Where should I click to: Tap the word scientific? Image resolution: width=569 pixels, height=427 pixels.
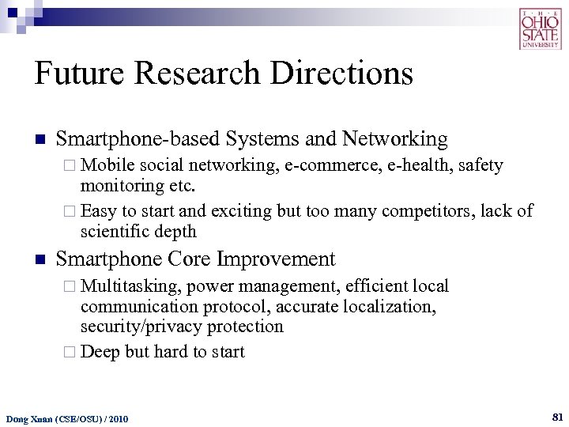[x=113, y=231]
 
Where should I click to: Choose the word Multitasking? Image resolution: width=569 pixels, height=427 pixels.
[x=130, y=285]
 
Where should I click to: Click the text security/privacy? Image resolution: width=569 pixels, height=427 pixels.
[x=148, y=326]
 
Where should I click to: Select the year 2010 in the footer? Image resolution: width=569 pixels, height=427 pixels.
[x=117, y=418]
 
